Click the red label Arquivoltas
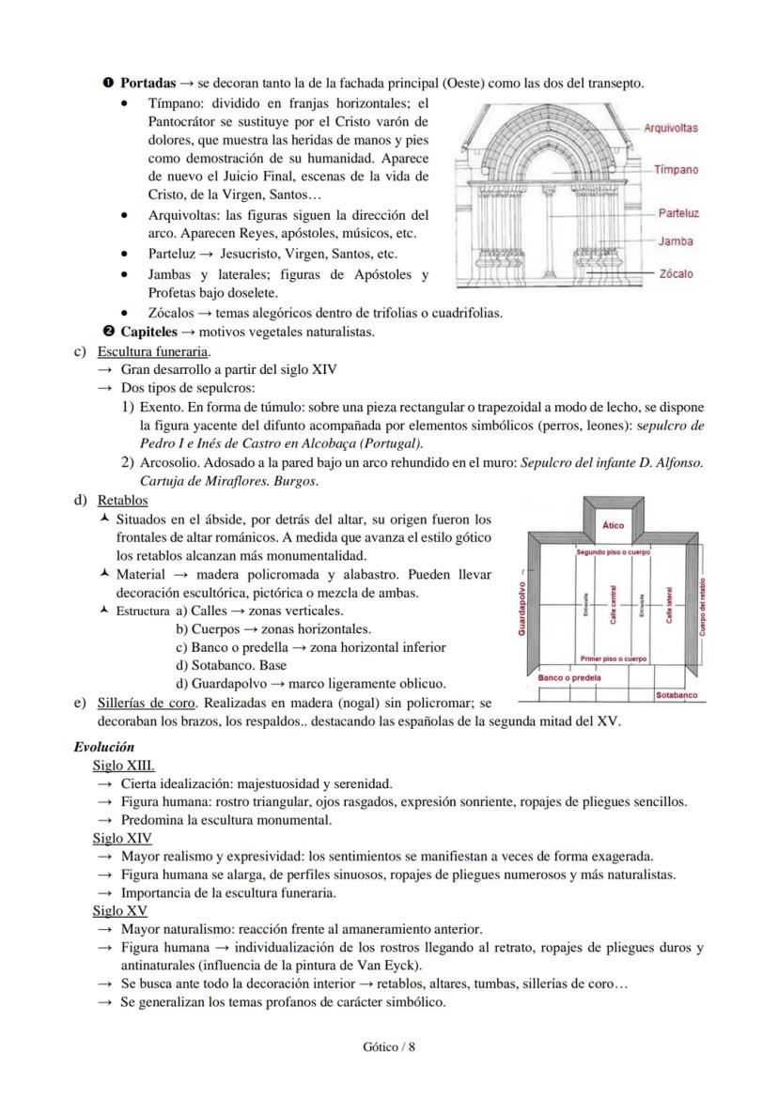click(670, 128)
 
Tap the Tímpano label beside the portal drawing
click(676, 170)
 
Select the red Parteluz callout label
click(677, 213)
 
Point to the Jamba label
click(676, 241)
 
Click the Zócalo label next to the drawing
click(676, 274)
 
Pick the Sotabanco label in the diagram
click(677, 696)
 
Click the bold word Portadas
click(148, 84)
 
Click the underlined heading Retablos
click(122, 500)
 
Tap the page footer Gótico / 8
click(388, 1047)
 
